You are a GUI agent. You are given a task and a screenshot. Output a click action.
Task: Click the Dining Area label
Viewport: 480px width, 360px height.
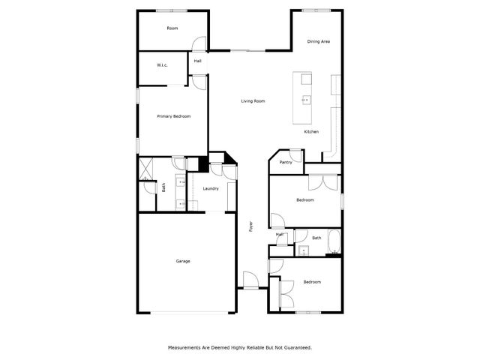(x=319, y=41)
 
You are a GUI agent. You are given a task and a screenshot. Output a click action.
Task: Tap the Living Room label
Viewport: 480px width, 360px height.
(x=253, y=101)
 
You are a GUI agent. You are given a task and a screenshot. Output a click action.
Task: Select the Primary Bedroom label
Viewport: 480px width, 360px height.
(x=173, y=116)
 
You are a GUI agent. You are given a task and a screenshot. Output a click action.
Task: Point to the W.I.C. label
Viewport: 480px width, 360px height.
(x=162, y=65)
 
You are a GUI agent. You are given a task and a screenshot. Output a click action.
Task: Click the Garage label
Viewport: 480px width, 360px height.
(x=183, y=261)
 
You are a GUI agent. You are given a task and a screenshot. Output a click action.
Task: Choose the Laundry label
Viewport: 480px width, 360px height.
(x=210, y=188)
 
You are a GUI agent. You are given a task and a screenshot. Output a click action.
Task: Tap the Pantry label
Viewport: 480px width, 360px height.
(x=286, y=162)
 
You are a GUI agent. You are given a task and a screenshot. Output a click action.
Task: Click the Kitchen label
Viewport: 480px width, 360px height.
(x=311, y=132)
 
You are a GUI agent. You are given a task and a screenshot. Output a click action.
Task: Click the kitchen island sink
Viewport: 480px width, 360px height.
(x=305, y=99)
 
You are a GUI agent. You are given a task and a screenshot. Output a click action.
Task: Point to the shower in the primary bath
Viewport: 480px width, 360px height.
(x=144, y=168)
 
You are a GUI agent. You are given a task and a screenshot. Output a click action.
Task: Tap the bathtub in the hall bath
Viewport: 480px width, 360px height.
(x=334, y=244)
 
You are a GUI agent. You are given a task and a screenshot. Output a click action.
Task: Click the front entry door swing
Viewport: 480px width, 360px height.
(x=250, y=280)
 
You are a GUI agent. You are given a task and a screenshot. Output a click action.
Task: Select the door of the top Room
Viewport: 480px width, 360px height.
(x=197, y=44)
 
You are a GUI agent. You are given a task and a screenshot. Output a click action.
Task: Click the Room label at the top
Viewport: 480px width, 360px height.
(x=172, y=28)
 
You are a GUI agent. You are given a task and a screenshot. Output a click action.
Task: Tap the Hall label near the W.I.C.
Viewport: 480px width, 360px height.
(x=198, y=61)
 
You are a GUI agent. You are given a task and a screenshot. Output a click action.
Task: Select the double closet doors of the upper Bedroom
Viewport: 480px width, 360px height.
(x=324, y=181)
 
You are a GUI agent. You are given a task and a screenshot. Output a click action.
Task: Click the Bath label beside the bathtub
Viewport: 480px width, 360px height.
(x=316, y=238)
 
